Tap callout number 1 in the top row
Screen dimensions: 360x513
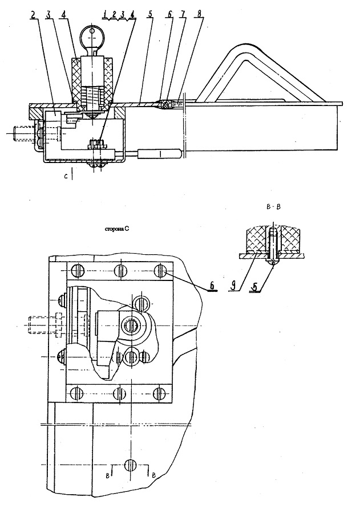click(105, 14)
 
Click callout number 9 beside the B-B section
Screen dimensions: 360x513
click(233, 286)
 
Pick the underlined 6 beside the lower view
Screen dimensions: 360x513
click(212, 286)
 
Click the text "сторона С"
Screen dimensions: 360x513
click(116, 229)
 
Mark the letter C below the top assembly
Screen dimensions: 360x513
click(66, 177)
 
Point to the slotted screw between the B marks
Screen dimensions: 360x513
click(131, 465)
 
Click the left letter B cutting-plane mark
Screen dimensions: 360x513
click(107, 476)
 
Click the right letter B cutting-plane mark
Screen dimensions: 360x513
click(153, 476)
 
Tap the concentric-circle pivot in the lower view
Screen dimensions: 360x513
click(131, 325)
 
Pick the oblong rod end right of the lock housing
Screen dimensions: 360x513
click(160, 154)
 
